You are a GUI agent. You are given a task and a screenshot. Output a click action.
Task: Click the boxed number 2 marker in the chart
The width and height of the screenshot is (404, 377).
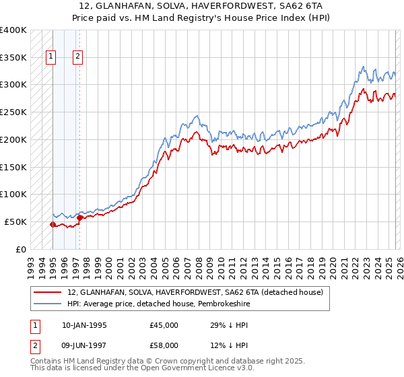(x=79, y=57)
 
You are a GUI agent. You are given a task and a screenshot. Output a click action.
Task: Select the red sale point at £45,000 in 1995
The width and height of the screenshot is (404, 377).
(x=53, y=224)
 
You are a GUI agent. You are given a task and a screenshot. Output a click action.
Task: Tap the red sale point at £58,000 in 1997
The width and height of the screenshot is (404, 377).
(x=79, y=217)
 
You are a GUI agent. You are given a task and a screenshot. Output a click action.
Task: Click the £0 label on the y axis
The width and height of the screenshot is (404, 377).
(x=21, y=249)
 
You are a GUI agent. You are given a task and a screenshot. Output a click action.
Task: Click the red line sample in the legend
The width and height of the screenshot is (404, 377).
(x=47, y=292)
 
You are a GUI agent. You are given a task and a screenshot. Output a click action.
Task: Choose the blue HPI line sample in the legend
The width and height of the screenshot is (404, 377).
(x=47, y=304)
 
